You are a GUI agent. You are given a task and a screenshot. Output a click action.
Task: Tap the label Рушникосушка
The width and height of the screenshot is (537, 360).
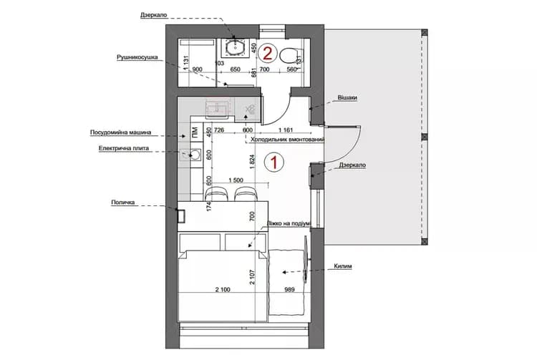pyautogui.click(x=137, y=58)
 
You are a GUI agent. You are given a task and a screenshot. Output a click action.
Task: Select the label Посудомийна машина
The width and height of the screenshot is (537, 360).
pyautogui.click(x=120, y=132)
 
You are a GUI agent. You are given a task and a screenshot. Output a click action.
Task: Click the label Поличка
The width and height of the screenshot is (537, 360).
pyautogui.click(x=124, y=203)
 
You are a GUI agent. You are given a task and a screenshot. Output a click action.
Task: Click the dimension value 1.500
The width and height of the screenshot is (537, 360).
pyautogui.click(x=231, y=180)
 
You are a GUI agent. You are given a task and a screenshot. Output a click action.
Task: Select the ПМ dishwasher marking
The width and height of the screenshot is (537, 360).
pyautogui.click(x=194, y=132)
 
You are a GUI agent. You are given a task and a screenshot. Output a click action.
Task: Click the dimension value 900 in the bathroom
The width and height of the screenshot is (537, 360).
pyautogui.click(x=198, y=69)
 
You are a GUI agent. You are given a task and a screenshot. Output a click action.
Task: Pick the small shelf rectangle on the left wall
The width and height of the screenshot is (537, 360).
pyautogui.click(x=181, y=215)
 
